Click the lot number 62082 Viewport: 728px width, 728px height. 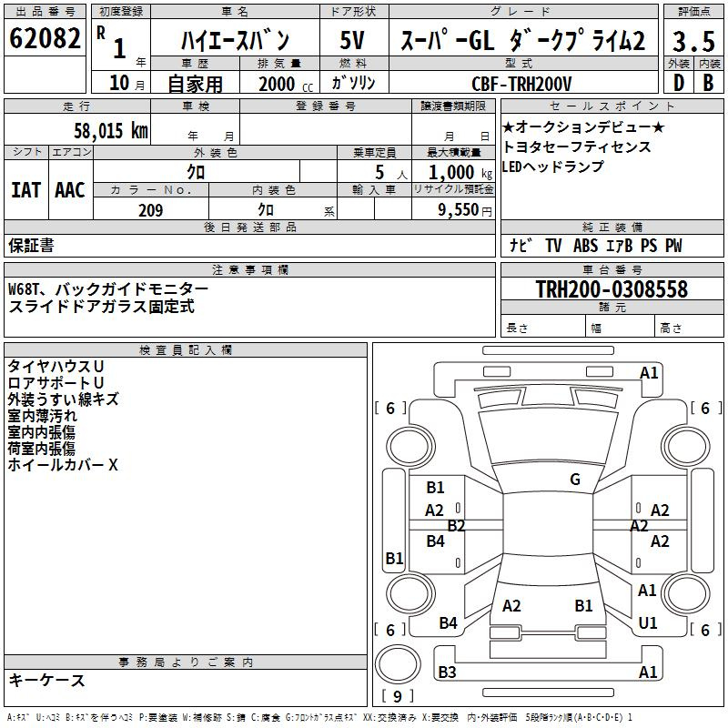click(45, 38)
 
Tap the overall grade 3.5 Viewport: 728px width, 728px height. click(693, 41)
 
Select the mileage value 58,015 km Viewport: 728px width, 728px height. click(111, 131)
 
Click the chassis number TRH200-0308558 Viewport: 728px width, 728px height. click(612, 288)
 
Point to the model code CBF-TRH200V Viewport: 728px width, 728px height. click(521, 84)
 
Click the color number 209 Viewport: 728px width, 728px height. click(151, 210)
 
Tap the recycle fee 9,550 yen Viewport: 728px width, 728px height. click(465, 210)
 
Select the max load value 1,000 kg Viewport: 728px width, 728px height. click(460, 173)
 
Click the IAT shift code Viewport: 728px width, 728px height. click(26, 190)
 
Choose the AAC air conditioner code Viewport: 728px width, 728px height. click(70, 190)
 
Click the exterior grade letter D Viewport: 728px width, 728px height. click(679, 83)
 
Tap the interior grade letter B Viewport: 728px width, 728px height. click(708, 83)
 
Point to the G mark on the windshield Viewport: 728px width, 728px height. click(575, 480)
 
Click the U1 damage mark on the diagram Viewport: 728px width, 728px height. click(648, 623)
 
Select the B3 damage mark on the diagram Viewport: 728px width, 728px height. click(447, 672)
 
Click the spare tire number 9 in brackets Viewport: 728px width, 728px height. click(398, 696)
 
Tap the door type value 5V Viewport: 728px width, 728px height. click(352, 40)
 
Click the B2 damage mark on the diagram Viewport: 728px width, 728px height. click(456, 526)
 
